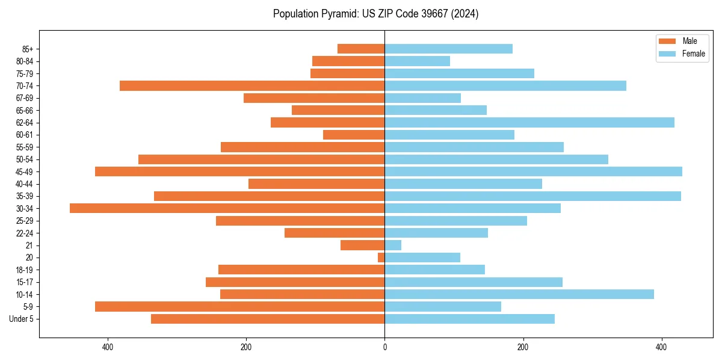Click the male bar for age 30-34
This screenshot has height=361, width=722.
[227, 208]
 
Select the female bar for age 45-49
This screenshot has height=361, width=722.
[533, 171]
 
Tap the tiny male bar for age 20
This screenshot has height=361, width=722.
[381, 258]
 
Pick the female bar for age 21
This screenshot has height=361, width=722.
[393, 245]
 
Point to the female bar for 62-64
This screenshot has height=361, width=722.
[529, 122]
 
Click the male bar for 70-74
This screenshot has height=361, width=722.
[252, 85]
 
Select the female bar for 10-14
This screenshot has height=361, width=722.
[519, 294]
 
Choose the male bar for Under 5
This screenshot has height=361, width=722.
[268, 319]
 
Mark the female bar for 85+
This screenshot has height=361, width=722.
[449, 49]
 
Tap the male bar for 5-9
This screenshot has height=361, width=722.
[239, 306]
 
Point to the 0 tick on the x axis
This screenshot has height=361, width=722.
[384, 347]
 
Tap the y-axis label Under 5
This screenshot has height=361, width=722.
[22, 319]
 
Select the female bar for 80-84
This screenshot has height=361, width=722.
[417, 61]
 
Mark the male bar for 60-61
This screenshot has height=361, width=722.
[354, 135]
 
